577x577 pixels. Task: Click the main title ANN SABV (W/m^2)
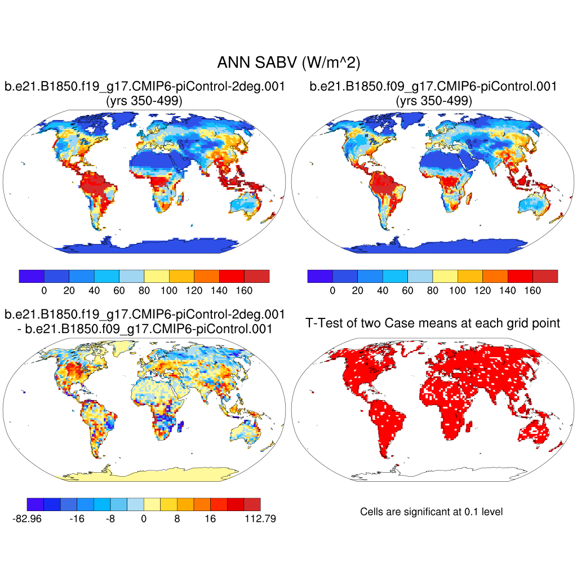(x=288, y=63)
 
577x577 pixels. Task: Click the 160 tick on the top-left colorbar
(x=245, y=291)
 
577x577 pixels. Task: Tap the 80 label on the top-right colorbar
(x=433, y=291)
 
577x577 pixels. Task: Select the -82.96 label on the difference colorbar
(x=27, y=519)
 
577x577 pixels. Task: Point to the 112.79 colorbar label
(x=260, y=519)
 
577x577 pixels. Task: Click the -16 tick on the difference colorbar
(x=77, y=519)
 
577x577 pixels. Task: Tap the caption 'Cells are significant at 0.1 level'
(x=431, y=512)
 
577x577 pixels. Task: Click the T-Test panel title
(x=433, y=323)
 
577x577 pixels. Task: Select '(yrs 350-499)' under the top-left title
(x=144, y=101)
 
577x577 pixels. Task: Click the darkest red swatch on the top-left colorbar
(x=257, y=276)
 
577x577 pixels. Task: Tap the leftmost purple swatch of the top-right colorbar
(x=320, y=276)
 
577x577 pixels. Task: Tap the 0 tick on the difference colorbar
(x=144, y=519)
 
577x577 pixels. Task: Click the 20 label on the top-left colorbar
(x=69, y=291)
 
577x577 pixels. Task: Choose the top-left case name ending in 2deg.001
(x=144, y=87)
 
